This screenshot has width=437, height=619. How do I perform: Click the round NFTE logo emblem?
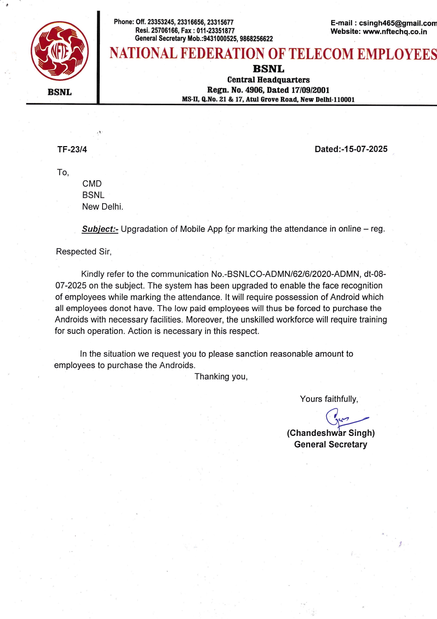[60, 51]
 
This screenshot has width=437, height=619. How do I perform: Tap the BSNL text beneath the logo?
[60, 92]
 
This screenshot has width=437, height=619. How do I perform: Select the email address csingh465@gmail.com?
[398, 23]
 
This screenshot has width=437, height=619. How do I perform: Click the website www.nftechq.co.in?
[395, 32]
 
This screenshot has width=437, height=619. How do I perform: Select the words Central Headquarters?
[268, 80]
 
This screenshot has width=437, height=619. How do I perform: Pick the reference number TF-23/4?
[72, 150]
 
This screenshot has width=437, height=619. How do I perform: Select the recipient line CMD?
[92, 184]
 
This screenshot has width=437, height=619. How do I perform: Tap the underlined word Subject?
[99, 229]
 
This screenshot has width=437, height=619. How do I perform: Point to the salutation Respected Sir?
[84, 252]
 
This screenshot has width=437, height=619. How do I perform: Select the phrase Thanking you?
[221, 377]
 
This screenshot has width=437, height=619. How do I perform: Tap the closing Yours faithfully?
[329, 399]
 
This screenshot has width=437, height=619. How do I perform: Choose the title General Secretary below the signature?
[331, 445]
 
